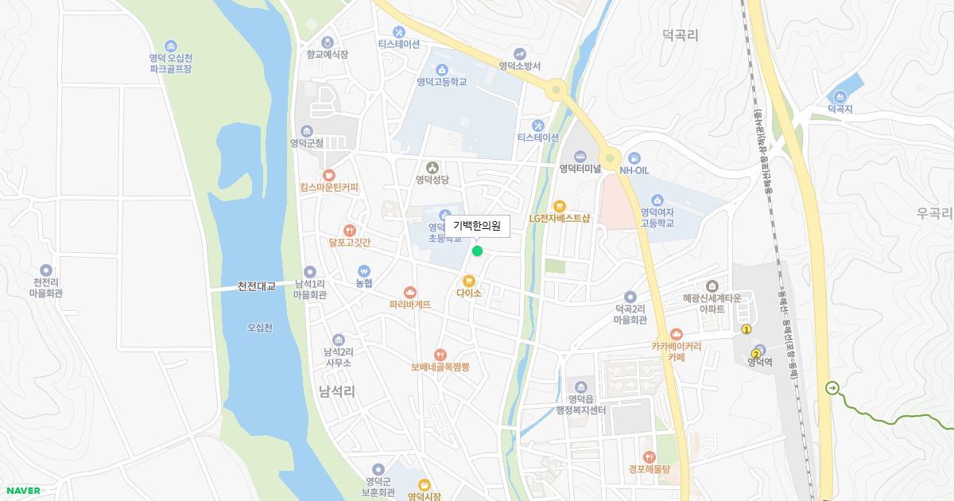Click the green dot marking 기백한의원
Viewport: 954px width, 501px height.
477,251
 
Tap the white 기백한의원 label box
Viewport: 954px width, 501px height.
477,226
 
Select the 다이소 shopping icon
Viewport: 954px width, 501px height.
469,280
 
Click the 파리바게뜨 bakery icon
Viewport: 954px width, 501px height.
409,292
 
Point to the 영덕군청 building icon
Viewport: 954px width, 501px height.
307,131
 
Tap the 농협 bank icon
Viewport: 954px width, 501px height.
364,270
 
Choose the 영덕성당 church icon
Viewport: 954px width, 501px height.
432,167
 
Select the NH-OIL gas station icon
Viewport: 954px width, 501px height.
634,157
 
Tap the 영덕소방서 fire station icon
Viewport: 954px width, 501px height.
520,53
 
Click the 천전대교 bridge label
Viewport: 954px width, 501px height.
256,286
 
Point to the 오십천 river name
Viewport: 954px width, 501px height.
260,328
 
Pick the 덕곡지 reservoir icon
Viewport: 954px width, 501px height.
840,96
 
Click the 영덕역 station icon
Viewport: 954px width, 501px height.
762,350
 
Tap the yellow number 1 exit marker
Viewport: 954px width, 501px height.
746,329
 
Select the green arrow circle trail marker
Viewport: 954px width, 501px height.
832,388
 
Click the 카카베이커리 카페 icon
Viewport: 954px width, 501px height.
676,334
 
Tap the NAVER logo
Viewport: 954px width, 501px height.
22,491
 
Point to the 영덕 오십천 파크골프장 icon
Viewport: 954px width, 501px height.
170,45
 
